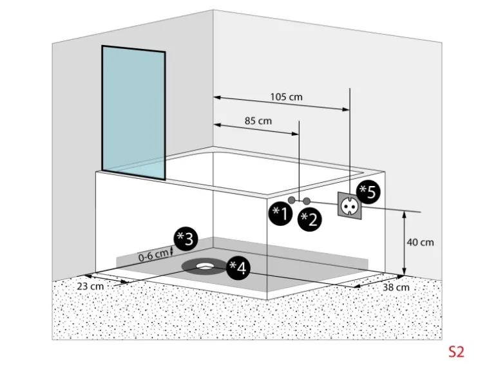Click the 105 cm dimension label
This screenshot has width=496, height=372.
(286, 97)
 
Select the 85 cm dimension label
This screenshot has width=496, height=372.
(258, 120)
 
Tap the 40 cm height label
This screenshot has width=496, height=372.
(420, 243)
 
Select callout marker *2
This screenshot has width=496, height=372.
(310, 219)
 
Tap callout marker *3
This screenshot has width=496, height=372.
(186, 239)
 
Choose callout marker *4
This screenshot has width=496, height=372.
(237, 267)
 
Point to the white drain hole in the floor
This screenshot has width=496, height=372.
(206, 263)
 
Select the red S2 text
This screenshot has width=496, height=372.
(456, 351)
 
